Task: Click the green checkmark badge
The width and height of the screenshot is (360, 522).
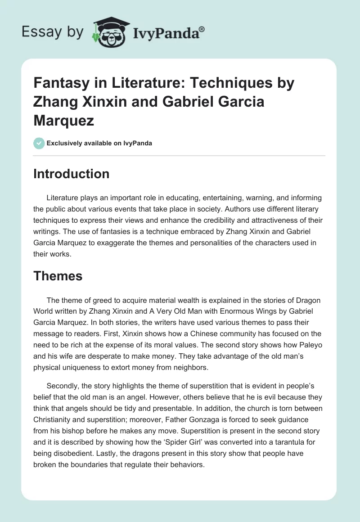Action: (x=39, y=143)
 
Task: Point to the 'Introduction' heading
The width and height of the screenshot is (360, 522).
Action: (x=71, y=174)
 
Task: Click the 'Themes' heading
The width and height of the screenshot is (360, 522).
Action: (x=58, y=275)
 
